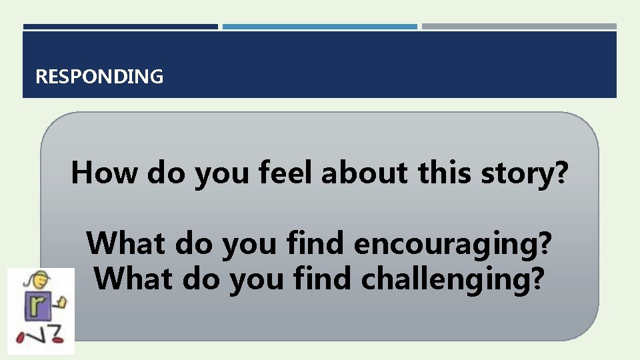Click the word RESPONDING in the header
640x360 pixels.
coord(99,77)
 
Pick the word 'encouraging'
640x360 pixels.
coord(443,245)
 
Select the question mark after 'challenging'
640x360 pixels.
coord(543,279)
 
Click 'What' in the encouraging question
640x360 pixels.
coord(127,243)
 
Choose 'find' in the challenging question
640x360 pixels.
coord(323,279)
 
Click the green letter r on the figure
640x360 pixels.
coord(37,306)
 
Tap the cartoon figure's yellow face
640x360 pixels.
coord(33,281)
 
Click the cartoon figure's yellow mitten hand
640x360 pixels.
coord(63,302)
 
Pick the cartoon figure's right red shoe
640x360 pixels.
coord(57,339)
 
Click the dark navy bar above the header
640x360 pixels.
coord(120,27)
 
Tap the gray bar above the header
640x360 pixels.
coord(519,27)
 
